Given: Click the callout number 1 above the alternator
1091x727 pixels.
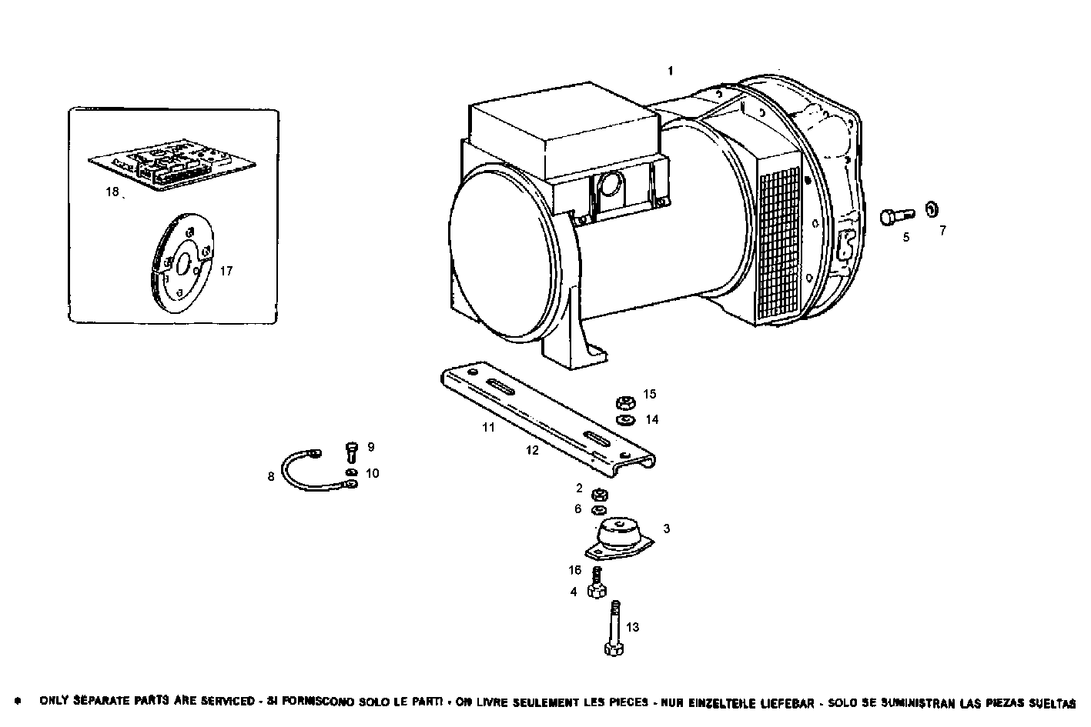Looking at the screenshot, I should click(670, 71).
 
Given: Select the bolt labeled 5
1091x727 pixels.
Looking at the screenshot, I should click(895, 216).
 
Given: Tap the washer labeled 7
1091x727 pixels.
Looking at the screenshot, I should click(932, 208).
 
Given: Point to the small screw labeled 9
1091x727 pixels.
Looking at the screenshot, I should click(352, 452).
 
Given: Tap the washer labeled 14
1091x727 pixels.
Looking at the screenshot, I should click(625, 420).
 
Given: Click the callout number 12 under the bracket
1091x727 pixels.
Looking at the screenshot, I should click(533, 451).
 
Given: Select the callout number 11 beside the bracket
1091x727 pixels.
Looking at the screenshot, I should click(488, 427).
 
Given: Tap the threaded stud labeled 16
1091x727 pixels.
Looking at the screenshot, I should click(596, 574).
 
